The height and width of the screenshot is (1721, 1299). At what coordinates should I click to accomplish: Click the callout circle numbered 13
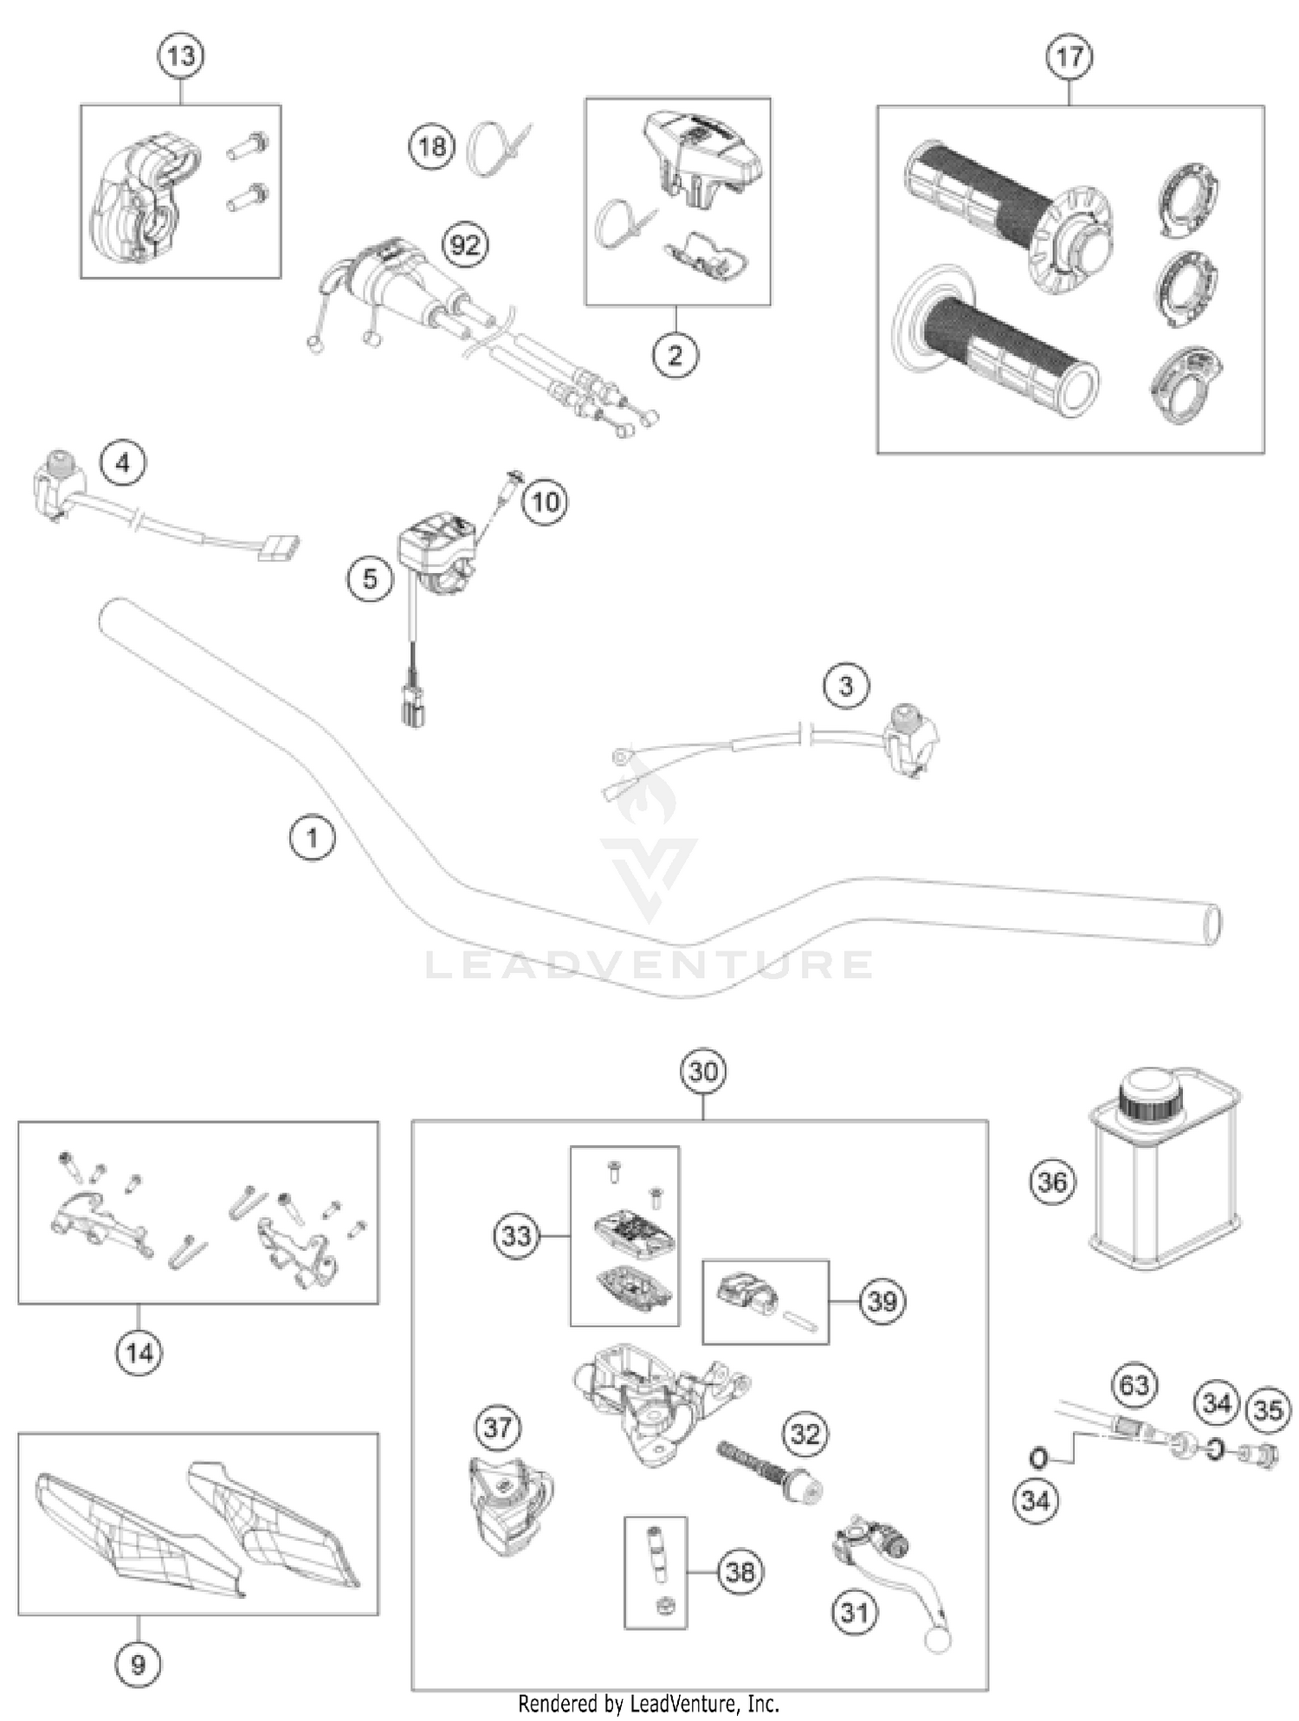pos(181,57)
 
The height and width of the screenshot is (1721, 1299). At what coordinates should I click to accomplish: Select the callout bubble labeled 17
pos(1070,57)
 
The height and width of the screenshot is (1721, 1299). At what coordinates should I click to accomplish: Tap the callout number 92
pos(465,246)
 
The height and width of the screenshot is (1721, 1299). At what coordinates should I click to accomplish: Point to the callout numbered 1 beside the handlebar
pos(312,837)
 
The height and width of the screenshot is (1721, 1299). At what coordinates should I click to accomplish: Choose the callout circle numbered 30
pos(702,1072)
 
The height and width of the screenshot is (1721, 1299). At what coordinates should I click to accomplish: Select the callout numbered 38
pos(740,1571)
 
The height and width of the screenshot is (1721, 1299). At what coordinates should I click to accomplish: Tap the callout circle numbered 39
pos(882,1300)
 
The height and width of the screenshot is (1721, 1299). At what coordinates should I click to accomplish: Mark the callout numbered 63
pos(1134,1385)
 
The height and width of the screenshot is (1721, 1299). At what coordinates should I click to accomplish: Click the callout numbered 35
pos(1268,1410)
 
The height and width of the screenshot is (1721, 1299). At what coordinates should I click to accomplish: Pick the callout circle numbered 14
pos(139,1352)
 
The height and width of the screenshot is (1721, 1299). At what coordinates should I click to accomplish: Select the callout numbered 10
pos(545,501)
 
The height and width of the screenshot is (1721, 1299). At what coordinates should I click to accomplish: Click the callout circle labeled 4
pos(123,463)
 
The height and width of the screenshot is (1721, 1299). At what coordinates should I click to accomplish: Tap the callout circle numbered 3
pos(845,686)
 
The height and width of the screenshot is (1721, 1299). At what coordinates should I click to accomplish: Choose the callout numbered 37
pos(497,1427)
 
